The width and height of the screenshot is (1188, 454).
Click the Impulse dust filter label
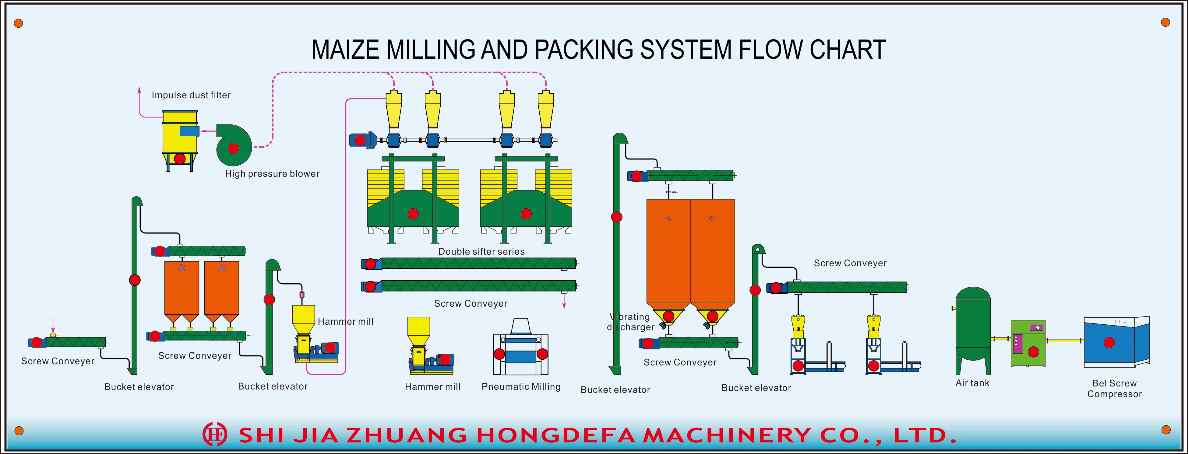point(191,95)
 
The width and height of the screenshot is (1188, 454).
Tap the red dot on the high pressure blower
point(233,148)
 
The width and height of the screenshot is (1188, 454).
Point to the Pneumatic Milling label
point(521,387)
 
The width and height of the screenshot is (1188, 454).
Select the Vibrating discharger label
point(630,322)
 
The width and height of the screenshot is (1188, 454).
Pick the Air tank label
point(972,383)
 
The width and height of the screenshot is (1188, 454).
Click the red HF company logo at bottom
point(215,434)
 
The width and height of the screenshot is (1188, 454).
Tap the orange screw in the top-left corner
point(19,23)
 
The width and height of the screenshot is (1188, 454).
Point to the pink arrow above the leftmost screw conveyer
point(53,325)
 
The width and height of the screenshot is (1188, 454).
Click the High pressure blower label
point(272,174)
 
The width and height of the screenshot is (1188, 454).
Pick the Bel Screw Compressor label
point(1114,389)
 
